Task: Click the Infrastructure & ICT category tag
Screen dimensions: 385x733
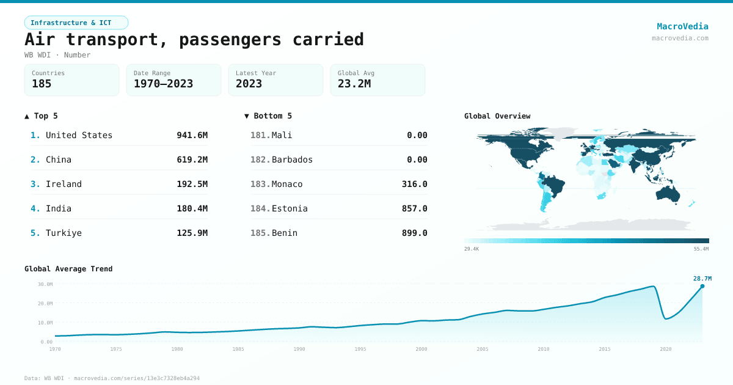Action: point(76,23)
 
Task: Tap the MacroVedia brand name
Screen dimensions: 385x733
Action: point(682,26)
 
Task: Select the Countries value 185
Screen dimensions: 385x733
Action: point(42,84)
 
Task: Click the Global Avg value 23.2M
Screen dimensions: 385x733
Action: point(354,84)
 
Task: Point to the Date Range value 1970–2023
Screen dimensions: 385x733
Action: point(163,84)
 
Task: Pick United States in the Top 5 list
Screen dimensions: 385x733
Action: point(79,135)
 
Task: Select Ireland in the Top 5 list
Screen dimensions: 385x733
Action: point(64,184)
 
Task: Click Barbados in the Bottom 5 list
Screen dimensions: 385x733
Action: point(292,159)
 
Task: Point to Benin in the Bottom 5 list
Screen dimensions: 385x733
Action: point(285,233)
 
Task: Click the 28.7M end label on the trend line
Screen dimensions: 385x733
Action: point(702,279)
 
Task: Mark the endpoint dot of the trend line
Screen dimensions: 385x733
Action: point(702,286)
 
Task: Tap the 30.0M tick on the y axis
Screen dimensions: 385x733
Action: point(45,284)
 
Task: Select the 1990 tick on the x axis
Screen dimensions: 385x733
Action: point(299,349)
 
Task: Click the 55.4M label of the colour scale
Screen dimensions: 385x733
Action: point(701,249)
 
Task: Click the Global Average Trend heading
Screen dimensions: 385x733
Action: point(68,269)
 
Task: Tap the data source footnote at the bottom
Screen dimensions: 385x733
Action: point(112,378)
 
